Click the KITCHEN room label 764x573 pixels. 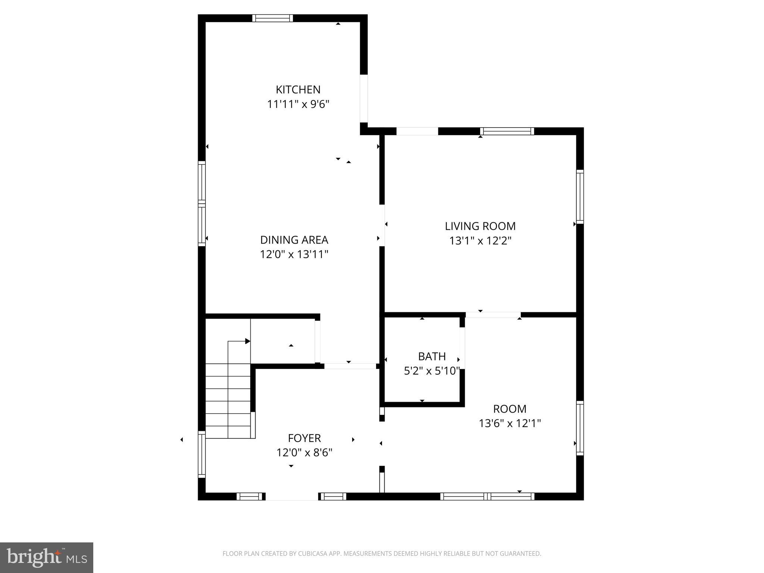click(298, 90)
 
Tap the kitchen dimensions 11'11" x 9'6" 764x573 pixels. click(298, 104)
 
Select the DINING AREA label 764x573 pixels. click(294, 239)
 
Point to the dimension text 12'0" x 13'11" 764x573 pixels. click(294, 254)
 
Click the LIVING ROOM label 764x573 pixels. click(480, 226)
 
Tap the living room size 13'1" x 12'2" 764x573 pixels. click(480, 241)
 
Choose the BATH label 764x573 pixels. click(432, 356)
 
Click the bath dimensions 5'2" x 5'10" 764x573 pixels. click(432, 371)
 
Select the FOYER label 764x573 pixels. click(304, 438)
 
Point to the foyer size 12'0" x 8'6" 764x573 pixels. click(304, 453)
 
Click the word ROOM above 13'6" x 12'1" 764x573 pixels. click(510, 409)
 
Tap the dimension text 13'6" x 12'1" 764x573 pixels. click(510, 423)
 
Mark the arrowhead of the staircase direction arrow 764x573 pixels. click(248, 341)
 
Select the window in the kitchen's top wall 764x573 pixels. click(272, 18)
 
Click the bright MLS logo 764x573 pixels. click(46, 557)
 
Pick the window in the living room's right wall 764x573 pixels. click(580, 197)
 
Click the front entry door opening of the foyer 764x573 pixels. click(291, 497)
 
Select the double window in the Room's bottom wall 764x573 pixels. click(487, 497)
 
